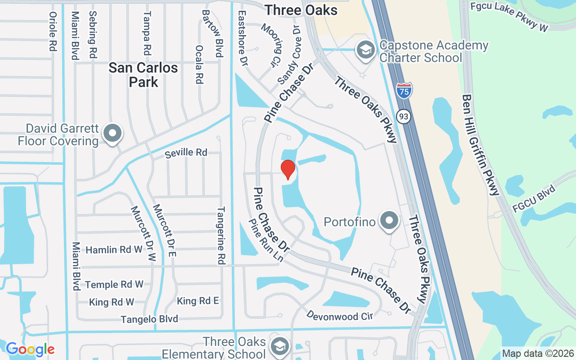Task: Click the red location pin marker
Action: tap(288, 169)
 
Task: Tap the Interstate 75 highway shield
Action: tap(404, 90)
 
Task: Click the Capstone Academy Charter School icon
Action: tap(366, 50)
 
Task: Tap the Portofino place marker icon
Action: tap(389, 221)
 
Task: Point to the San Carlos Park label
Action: tap(144, 75)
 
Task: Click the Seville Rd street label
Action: tap(186, 153)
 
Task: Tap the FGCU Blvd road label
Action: tap(534, 198)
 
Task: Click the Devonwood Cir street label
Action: tap(339, 315)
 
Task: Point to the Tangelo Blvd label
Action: tap(149, 319)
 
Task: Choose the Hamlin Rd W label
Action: tap(114, 250)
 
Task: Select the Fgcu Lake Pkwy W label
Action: tap(509, 16)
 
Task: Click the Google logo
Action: tap(30, 349)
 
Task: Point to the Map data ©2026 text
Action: tap(538, 354)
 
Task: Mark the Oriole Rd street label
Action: tap(53, 31)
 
